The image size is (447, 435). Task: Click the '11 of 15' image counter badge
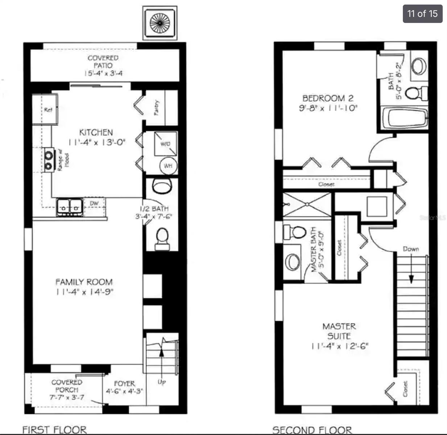click(x=422, y=14)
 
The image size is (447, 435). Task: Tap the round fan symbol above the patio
click(x=160, y=23)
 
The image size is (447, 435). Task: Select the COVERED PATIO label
click(x=103, y=62)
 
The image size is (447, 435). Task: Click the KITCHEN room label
click(x=96, y=132)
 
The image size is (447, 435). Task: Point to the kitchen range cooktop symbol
click(x=49, y=160)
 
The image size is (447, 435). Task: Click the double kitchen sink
click(x=70, y=207)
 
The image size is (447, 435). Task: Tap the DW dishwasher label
click(x=94, y=203)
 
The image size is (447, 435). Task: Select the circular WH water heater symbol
click(x=168, y=166)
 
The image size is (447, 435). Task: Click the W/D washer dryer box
click(x=165, y=144)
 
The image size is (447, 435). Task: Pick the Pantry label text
click(x=156, y=108)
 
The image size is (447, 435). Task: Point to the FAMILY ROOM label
click(x=84, y=282)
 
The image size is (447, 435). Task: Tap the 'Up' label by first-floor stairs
click(x=162, y=382)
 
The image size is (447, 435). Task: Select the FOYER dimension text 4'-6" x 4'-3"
click(x=124, y=391)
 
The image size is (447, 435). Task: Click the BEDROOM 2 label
click(x=328, y=98)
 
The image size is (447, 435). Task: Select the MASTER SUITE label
click(x=339, y=331)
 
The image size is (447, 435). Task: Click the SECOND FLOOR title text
click(x=312, y=430)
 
